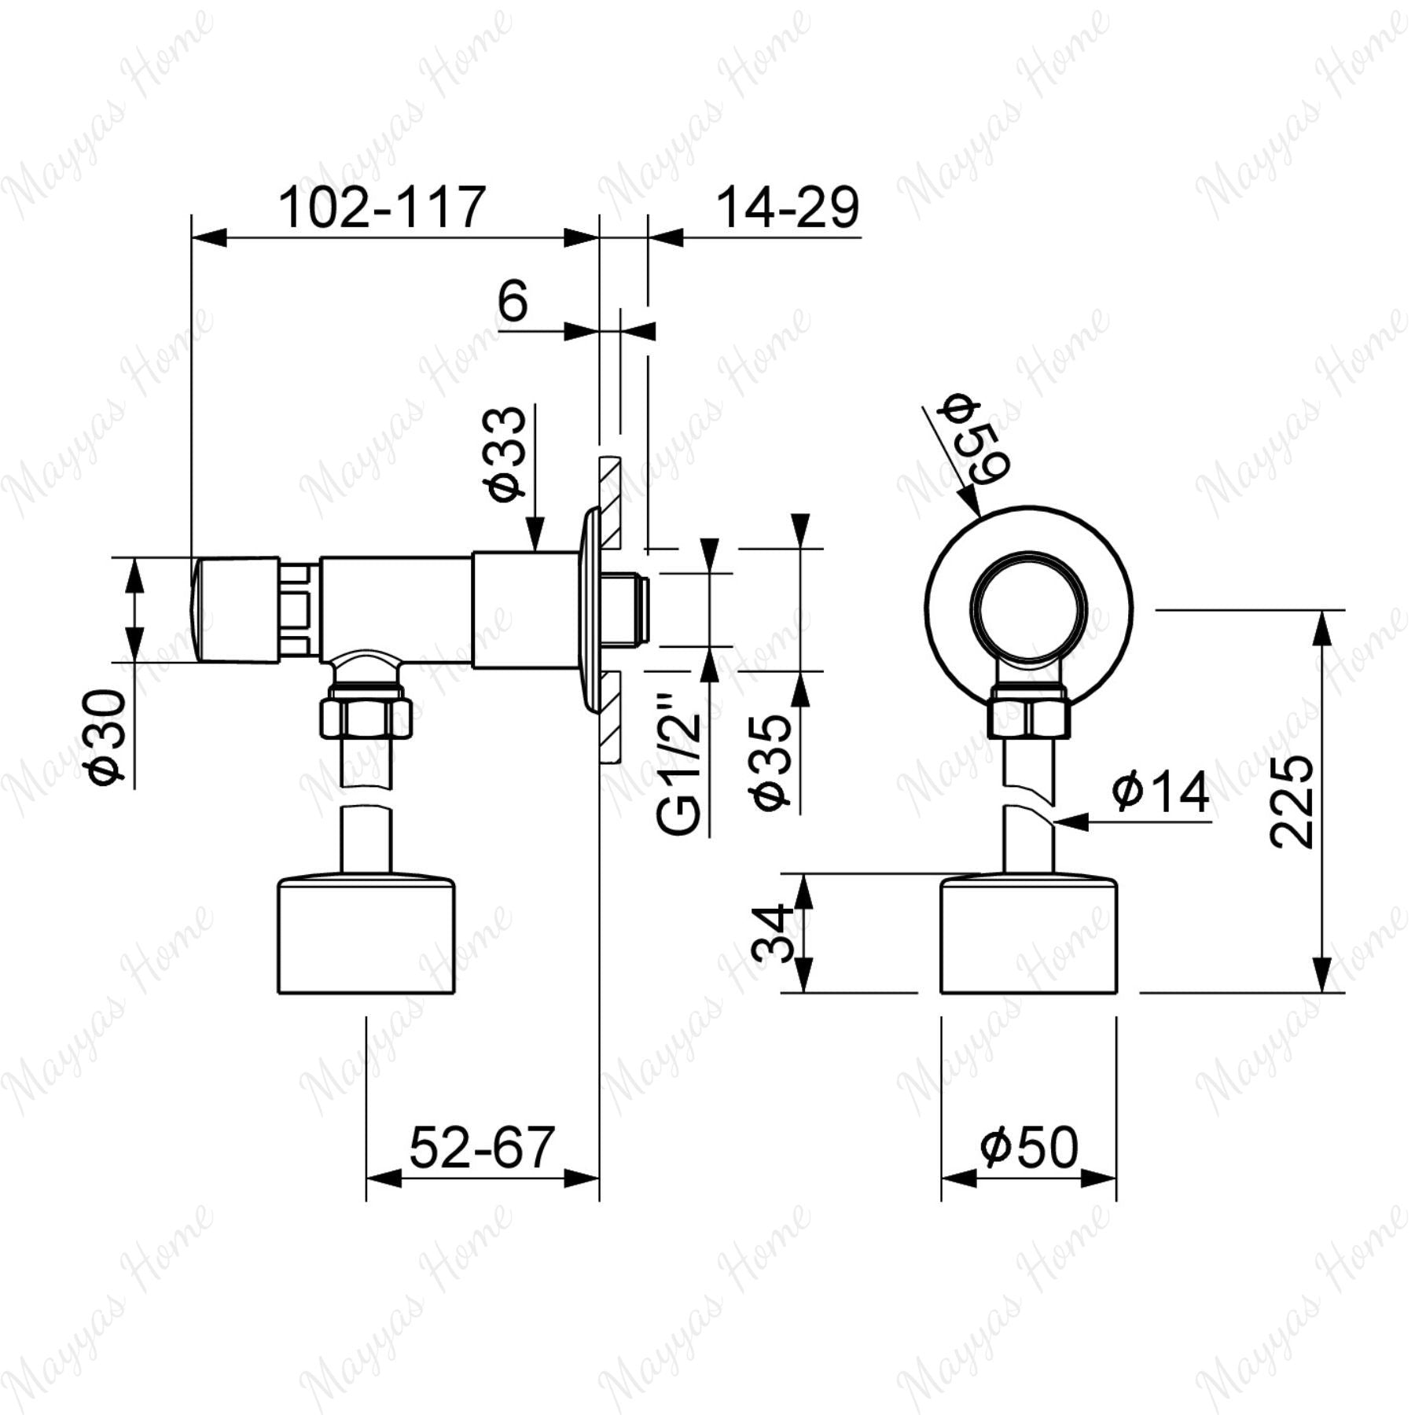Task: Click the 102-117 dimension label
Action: [382, 208]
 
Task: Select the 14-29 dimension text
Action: [788, 208]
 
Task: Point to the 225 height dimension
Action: [1292, 801]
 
